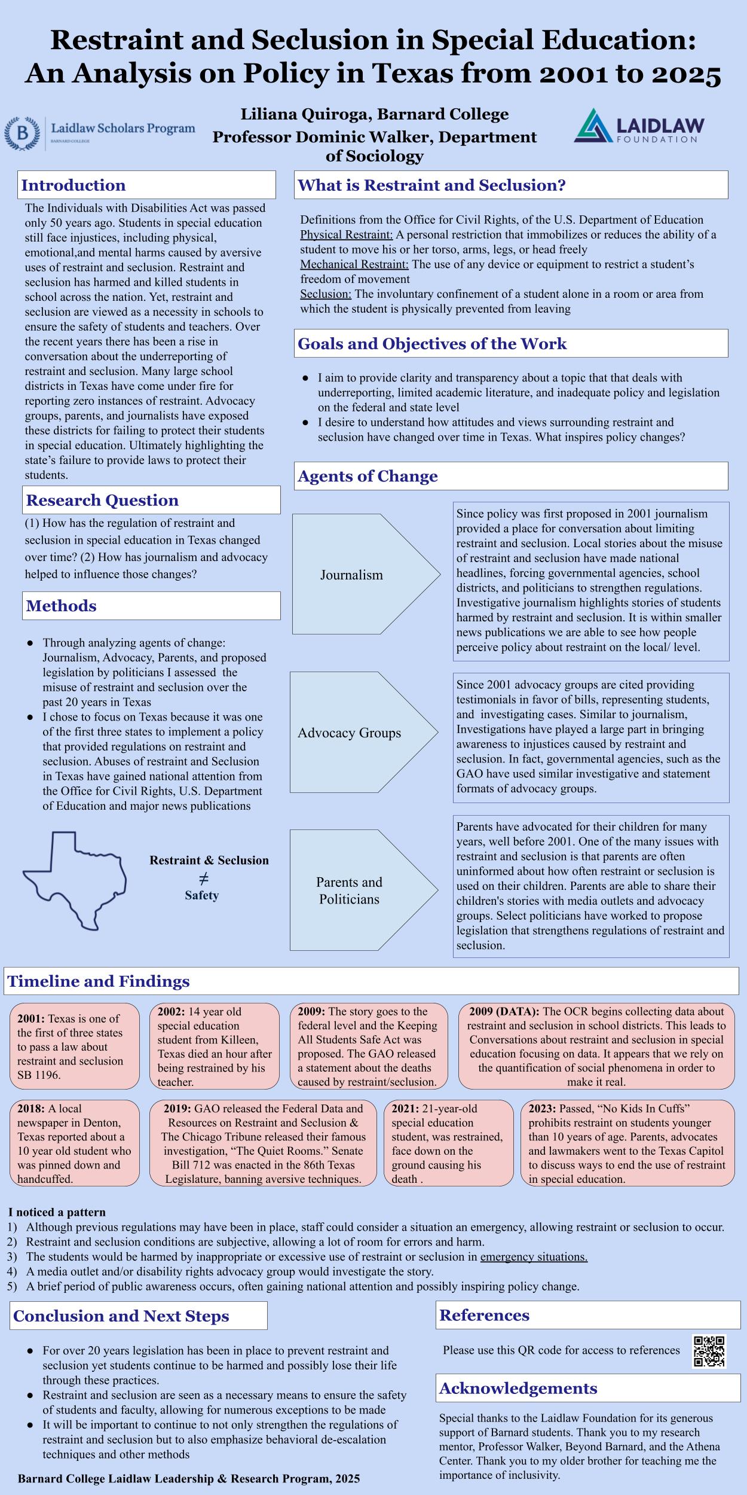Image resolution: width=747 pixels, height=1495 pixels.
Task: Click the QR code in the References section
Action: (709, 1351)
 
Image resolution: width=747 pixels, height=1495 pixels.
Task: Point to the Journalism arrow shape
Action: (365, 574)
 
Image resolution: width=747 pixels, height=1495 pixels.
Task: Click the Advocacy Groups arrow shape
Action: (363, 732)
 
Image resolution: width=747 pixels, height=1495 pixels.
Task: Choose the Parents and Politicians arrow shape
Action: (363, 890)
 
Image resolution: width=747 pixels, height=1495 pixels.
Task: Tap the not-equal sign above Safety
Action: (203, 878)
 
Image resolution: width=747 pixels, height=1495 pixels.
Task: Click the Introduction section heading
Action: (74, 185)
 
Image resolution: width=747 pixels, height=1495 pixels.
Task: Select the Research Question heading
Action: (102, 500)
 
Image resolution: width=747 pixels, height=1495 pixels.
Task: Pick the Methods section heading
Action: (61, 606)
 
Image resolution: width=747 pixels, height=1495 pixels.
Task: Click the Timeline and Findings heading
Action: (99, 981)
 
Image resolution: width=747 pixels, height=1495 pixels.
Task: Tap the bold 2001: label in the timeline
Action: (31, 1018)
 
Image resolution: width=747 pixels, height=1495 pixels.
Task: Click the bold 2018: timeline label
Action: (31, 1108)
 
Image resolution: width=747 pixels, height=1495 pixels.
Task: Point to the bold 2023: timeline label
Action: (542, 1108)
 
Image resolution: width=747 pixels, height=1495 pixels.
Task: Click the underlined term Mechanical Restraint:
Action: (354, 264)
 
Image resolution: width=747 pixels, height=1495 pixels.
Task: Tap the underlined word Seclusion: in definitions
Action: (326, 294)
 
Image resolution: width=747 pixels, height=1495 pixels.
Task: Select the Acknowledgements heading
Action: (518, 1388)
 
